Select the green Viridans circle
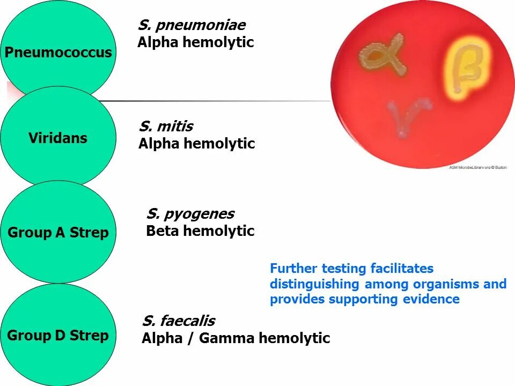pyautogui.click(x=58, y=138)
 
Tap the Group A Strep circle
pyautogui.click(x=58, y=232)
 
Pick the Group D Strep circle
pyautogui.click(x=58, y=335)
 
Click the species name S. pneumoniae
pyautogui.click(x=192, y=25)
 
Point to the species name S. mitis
pyautogui.click(x=166, y=127)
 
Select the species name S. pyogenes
pyautogui.click(x=190, y=214)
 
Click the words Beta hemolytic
pyautogui.click(x=200, y=231)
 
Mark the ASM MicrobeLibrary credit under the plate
pyautogui.click(x=477, y=168)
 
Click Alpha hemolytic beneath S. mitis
pyautogui.click(x=196, y=144)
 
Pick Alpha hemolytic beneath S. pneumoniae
pyautogui.click(x=195, y=42)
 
